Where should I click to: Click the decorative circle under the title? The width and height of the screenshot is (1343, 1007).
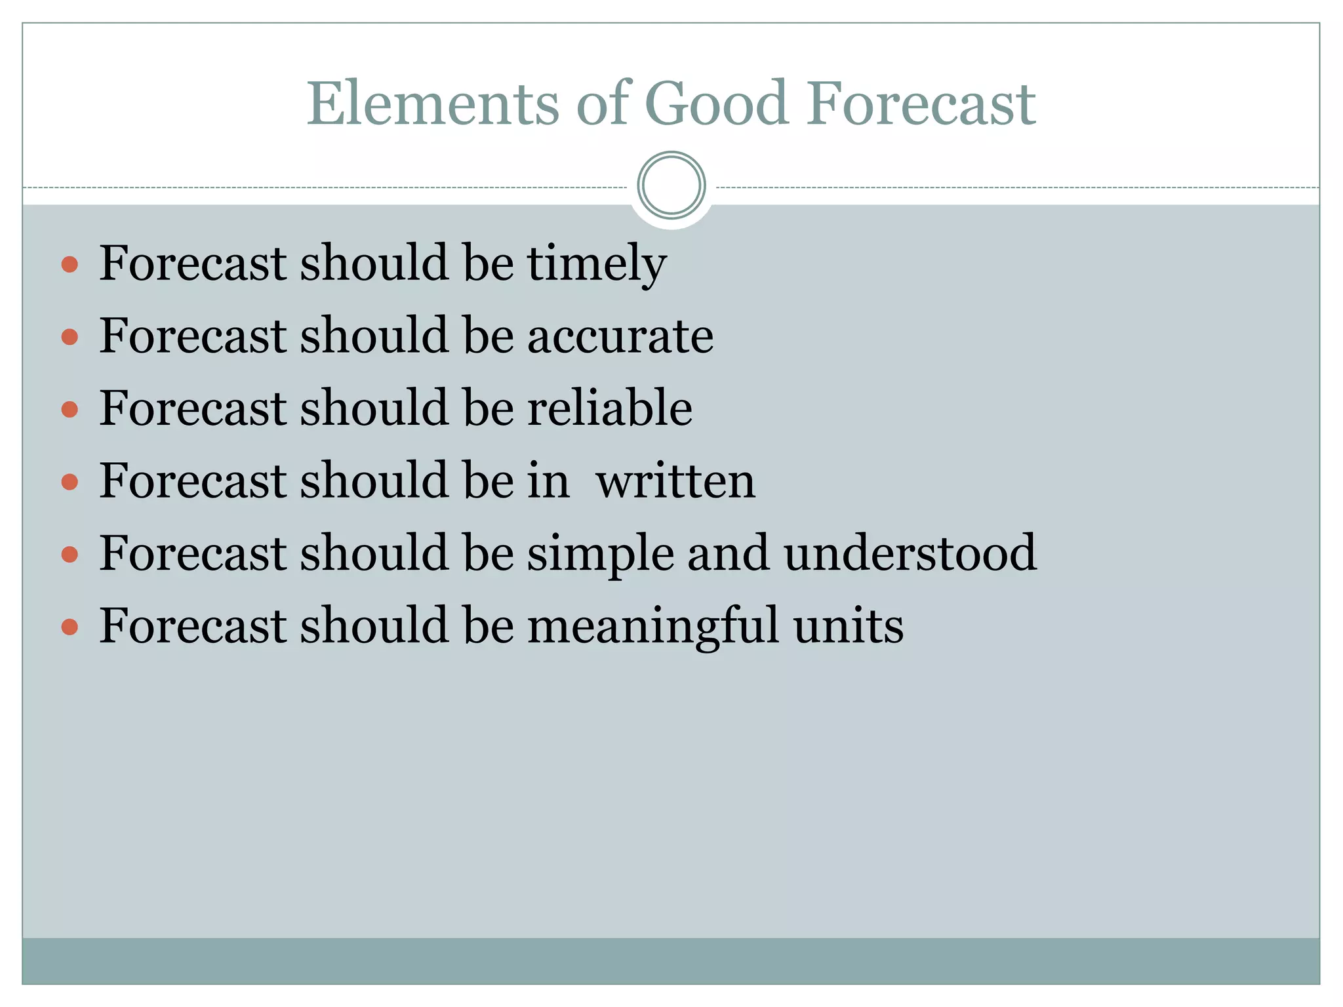coord(671,186)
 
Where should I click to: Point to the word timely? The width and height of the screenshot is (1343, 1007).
coord(597,264)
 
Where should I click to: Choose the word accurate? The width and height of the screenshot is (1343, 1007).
coord(620,336)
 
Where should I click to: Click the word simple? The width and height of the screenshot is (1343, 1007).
coord(601,554)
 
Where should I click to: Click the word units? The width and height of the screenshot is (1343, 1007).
coord(849,626)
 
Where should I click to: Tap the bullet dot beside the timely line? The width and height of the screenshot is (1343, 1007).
coord(70,265)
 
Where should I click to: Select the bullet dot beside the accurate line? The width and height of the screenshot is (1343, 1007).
coord(70,337)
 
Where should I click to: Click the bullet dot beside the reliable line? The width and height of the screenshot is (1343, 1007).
coord(70,410)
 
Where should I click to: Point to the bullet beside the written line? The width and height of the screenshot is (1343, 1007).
coord(70,483)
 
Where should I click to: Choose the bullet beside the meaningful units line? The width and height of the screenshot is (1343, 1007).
coord(70,627)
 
